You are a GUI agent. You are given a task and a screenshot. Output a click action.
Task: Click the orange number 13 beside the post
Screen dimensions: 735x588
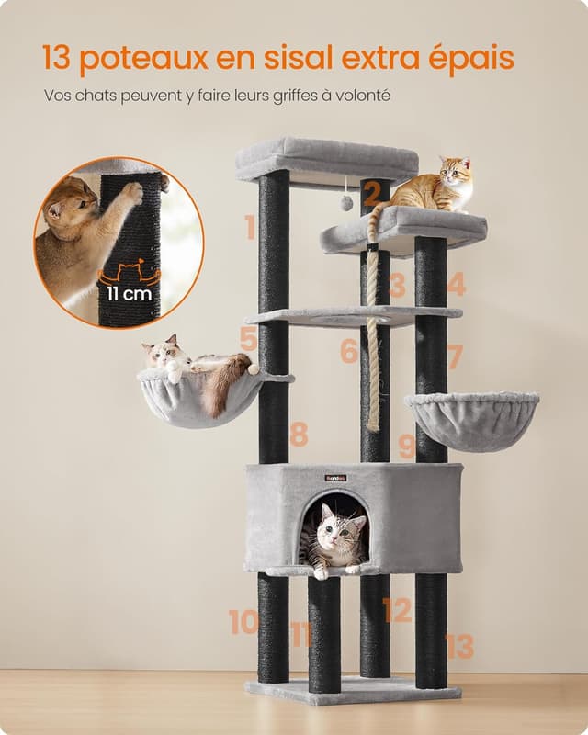pyautogui.click(x=458, y=646)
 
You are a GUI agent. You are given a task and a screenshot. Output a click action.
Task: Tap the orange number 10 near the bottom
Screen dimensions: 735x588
pyautogui.click(x=243, y=622)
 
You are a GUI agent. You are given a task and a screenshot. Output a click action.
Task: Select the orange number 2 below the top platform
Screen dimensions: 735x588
pyautogui.click(x=371, y=193)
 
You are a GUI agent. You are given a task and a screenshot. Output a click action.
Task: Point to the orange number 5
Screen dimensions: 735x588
pyautogui.click(x=249, y=339)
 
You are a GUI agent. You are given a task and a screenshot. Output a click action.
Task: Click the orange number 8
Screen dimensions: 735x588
pyautogui.click(x=299, y=434)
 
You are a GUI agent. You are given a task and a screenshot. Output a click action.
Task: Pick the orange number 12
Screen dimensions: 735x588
pyautogui.click(x=397, y=610)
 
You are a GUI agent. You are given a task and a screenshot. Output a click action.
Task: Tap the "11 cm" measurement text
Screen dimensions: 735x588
pyautogui.click(x=130, y=294)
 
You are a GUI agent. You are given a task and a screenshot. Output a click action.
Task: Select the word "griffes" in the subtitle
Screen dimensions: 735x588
pyautogui.click(x=291, y=96)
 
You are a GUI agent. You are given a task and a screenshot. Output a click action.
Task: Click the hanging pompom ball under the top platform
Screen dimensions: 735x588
pyautogui.click(x=346, y=202)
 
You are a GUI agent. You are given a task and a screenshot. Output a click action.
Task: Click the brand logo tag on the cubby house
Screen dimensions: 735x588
pyautogui.click(x=335, y=478)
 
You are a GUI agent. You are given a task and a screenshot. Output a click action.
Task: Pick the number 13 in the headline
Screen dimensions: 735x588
pyautogui.click(x=56, y=59)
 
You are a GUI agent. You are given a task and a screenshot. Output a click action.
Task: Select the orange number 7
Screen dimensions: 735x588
pyautogui.click(x=455, y=356)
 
